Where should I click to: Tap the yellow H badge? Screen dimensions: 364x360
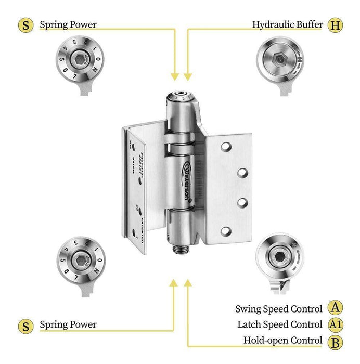pyautogui.click(x=336, y=24)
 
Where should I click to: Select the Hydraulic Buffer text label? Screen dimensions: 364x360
pyautogui.click(x=288, y=24)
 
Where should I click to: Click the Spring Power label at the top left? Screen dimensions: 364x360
pyautogui.click(x=68, y=24)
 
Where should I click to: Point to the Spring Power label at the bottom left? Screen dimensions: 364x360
pyautogui.click(x=68, y=325)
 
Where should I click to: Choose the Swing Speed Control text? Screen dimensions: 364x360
pyautogui.click(x=279, y=309)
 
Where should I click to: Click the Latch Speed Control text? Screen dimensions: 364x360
pyautogui.click(x=279, y=324)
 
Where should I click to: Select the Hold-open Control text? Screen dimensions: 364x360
pyautogui.click(x=283, y=341)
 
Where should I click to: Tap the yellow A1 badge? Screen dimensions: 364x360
pyautogui.click(x=336, y=324)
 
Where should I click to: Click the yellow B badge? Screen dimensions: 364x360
pyautogui.click(x=336, y=341)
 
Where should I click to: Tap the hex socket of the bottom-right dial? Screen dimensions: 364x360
pyautogui.click(x=280, y=256)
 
